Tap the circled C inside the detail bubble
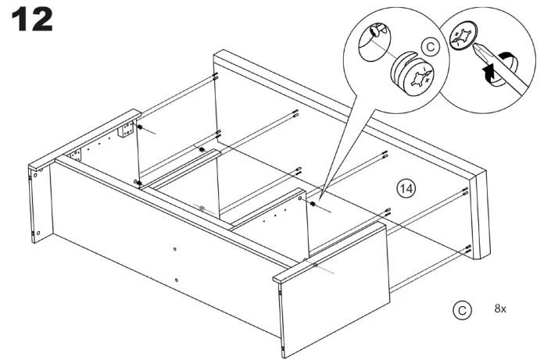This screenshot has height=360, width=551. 431,48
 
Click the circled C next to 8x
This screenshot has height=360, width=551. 462,309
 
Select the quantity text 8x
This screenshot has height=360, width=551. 501,309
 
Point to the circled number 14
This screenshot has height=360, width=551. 406,188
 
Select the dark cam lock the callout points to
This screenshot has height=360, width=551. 313,205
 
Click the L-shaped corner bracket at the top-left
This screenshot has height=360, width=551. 125,129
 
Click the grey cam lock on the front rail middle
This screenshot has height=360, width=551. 202,208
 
